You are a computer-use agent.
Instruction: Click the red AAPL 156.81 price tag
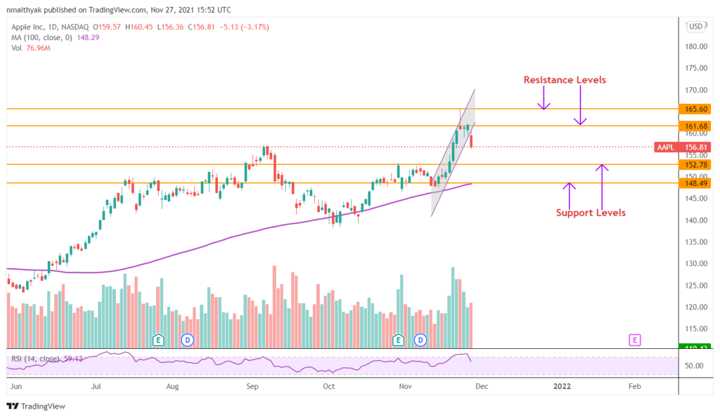pos(681,147)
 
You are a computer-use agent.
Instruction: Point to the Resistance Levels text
pos(565,80)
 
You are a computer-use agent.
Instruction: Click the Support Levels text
pos(591,213)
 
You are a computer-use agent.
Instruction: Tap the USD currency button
pos(695,27)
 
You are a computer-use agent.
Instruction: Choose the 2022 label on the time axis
pos(562,386)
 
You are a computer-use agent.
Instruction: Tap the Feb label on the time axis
pos(634,386)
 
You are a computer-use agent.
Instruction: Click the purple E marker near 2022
pos(635,340)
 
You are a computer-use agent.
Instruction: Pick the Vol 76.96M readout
pos(28,48)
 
